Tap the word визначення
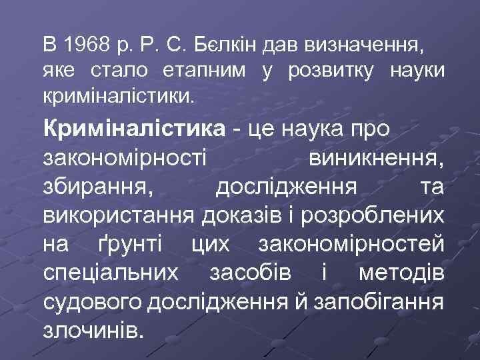click(x=363, y=47)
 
